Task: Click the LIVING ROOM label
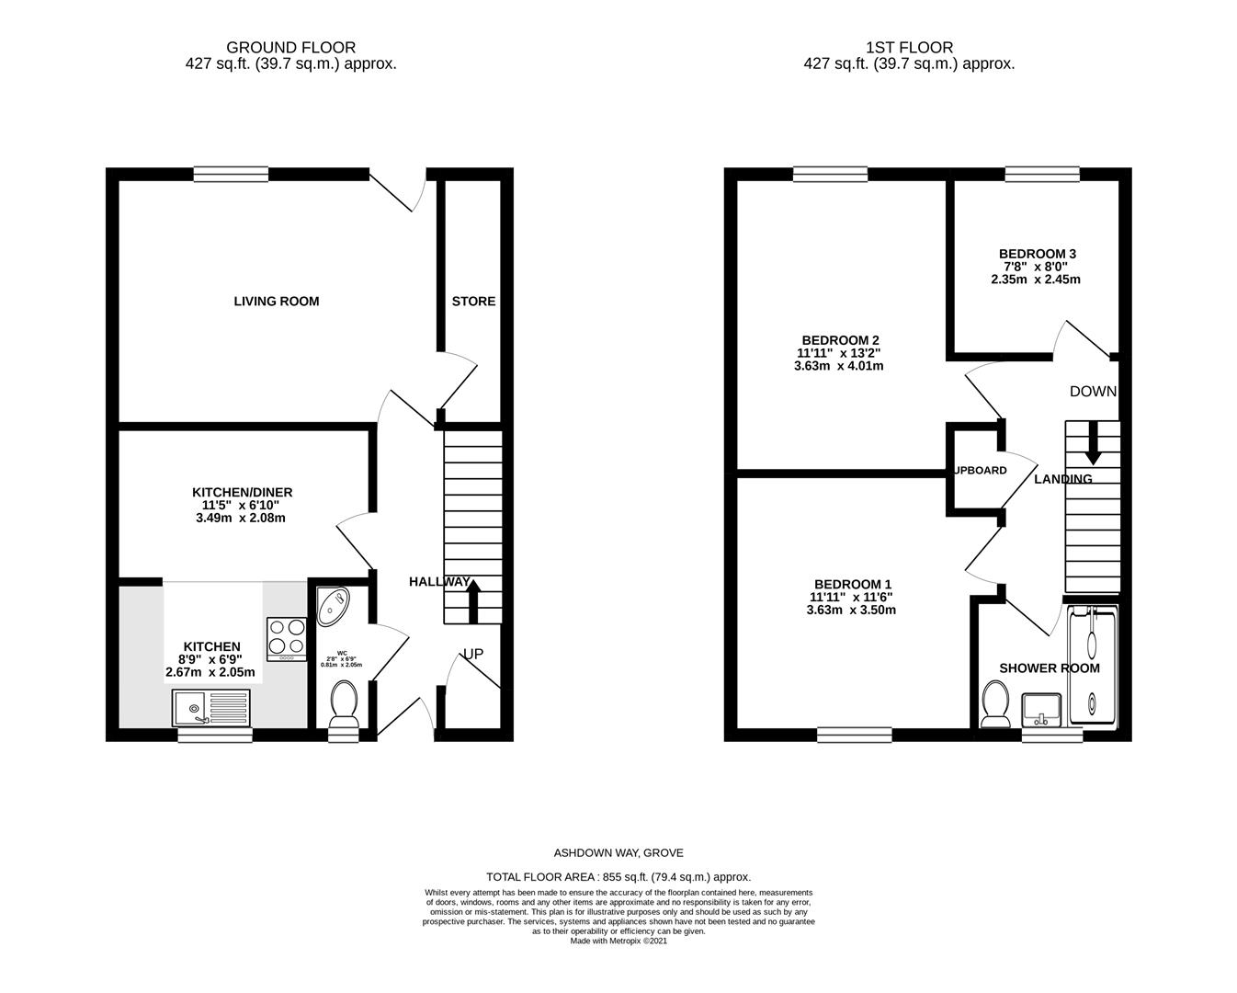pos(276,302)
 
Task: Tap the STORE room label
pos(473,302)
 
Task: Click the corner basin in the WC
pos(332,603)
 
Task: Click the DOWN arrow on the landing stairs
pos(1093,442)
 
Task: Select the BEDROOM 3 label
pos(1037,254)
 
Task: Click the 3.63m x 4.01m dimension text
pos(838,366)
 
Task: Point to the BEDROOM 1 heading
pos(852,584)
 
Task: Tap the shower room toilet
pos(994,705)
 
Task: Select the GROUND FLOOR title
pos(290,47)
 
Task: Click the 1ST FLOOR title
pos(909,47)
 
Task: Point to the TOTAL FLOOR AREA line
pos(618,877)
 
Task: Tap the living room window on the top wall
pos(231,174)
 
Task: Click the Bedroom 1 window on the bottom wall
pos(854,734)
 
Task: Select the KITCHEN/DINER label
pos(242,493)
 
